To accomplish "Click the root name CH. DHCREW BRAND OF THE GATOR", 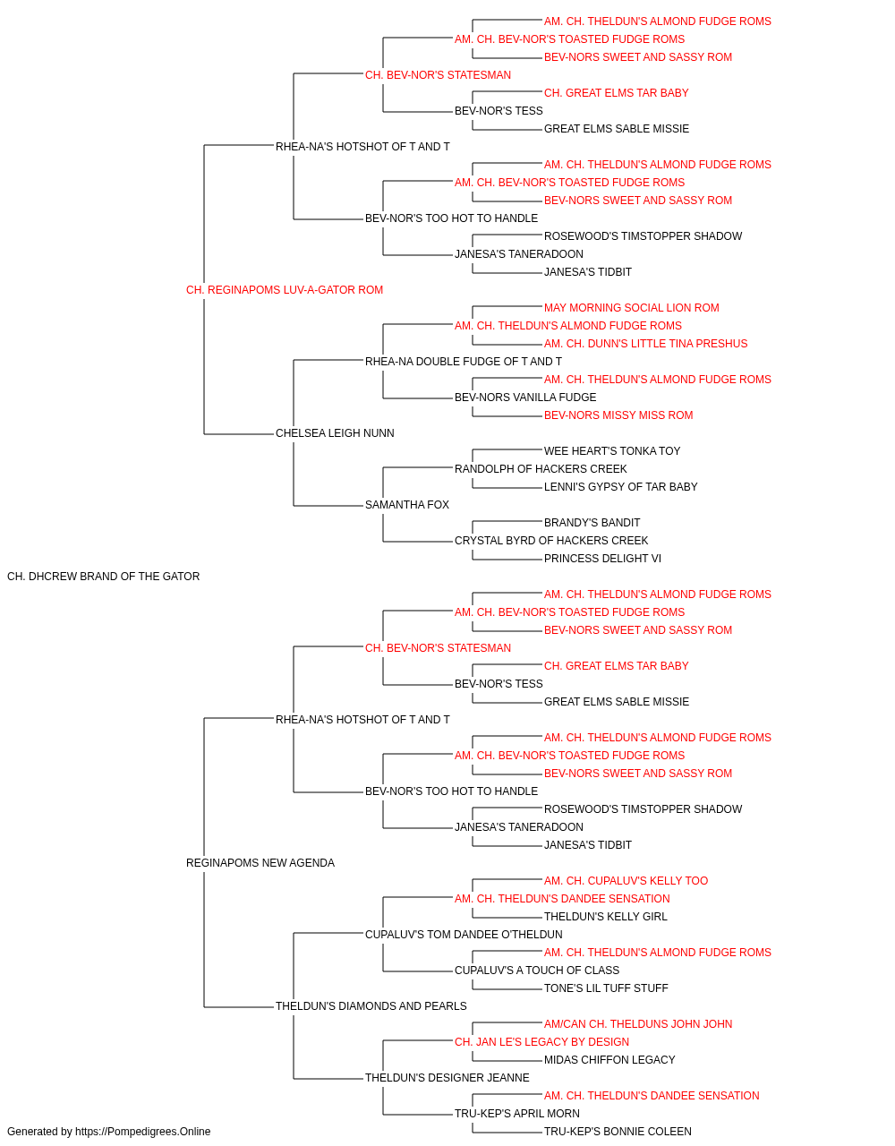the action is [103, 577].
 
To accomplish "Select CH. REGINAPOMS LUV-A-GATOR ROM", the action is [285, 290].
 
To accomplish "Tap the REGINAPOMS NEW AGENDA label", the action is [260, 863].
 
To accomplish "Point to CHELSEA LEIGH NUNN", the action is [335, 433].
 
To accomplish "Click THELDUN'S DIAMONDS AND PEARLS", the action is [371, 1006].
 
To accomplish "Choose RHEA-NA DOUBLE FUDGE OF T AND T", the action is [464, 362].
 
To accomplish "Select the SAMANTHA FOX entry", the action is [407, 505].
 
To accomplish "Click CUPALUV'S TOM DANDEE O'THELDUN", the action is [464, 935].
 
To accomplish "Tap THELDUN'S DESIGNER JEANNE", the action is [447, 1078].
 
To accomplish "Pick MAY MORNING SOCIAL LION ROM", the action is [632, 308].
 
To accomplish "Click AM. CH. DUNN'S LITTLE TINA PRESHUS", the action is [645, 344].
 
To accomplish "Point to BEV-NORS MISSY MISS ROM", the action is [618, 415].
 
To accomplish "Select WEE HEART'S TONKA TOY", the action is [612, 451].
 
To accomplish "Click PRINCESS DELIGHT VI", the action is [602, 559].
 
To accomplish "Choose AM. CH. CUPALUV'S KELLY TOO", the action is [626, 881].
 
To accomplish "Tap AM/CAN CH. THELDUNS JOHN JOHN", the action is [638, 1024].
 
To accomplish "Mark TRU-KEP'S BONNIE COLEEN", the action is [618, 1132].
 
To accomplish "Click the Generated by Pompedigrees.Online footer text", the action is [108, 1132].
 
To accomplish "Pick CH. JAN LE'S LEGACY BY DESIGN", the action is [541, 1042].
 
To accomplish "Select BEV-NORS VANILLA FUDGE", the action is [525, 398].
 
